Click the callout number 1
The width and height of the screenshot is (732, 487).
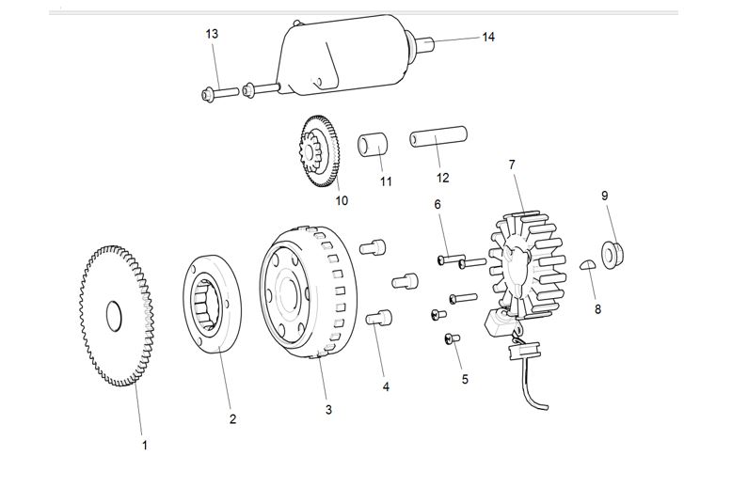(144, 445)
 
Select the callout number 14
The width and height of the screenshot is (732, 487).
(488, 38)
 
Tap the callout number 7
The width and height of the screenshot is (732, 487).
(512, 165)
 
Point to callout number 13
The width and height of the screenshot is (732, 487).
(212, 34)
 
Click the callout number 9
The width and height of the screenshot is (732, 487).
(605, 196)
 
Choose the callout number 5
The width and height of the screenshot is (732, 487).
(464, 379)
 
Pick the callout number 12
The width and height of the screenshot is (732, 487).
(442, 177)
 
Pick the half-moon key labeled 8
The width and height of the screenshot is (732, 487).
(585, 263)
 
